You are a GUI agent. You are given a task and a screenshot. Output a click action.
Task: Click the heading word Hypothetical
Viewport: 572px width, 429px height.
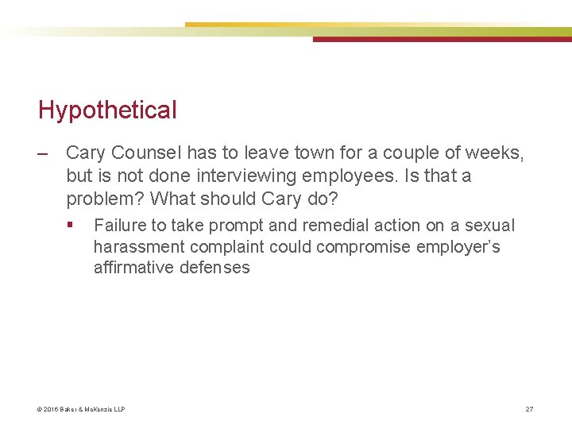(x=107, y=110)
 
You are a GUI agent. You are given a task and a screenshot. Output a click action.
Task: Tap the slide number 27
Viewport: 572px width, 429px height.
(x=529, y=409)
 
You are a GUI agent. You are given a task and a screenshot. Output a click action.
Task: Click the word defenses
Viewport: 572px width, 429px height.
(x=214, y=268)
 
